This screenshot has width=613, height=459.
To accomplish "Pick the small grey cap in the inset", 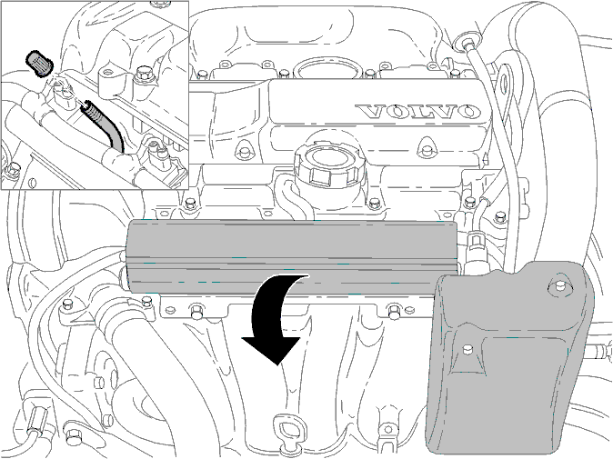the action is click(39, 64).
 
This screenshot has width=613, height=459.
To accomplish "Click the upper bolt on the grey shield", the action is click(558, 287).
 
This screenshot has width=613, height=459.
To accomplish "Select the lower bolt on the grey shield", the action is click(466, 349).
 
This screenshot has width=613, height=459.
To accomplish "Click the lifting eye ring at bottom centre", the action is click(287, 429).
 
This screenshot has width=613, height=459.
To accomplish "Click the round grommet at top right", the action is click(467, 42).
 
